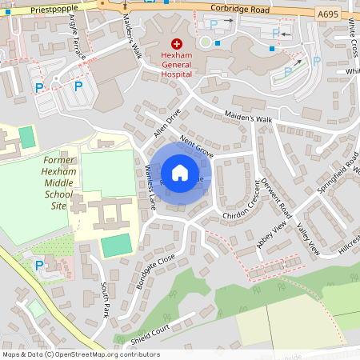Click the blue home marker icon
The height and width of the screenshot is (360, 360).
pyautogui.click(x=179, y=173)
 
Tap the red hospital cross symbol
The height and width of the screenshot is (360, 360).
pyautogui.click(x=177, y=46)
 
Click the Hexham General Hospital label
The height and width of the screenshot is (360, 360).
pyautogui.click(x=177, y=66)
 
